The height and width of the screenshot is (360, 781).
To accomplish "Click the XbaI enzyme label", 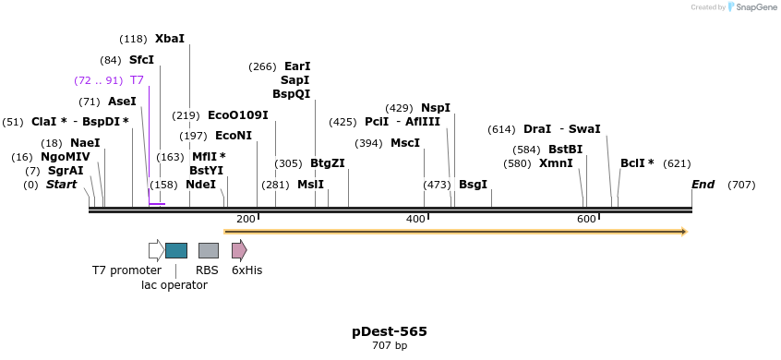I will pos(170,39).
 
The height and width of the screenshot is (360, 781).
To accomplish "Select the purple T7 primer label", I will pos(137,80).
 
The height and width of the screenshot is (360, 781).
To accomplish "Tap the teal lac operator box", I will pos(175,250).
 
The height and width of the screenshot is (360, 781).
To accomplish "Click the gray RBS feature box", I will pos(209,250).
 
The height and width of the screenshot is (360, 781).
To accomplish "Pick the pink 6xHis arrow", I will pos(239,250).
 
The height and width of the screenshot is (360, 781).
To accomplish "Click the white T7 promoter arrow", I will pos(156,250).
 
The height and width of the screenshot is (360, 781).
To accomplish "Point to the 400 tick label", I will pos(415,219).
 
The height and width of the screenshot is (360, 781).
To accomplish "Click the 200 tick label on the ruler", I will pos(246,219).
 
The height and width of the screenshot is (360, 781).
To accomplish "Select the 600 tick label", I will pos(586,219).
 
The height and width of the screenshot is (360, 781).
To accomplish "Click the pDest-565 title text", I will pos(390,331).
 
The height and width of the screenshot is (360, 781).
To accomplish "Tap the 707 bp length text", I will pos(390,346).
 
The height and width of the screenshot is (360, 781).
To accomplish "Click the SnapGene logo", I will pos(752,7).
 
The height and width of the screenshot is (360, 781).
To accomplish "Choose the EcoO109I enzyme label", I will pos(238,115).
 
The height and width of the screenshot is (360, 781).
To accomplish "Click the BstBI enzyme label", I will pos(565,150).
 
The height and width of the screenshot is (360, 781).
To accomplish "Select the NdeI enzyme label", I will pos(200,185).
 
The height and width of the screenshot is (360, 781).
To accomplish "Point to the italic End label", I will pos(703,185).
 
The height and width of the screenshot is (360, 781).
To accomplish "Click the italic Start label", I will pos(62,185).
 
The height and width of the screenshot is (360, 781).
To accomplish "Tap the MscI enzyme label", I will pos(405,143).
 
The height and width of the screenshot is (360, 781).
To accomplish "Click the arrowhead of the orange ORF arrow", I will pos(684,232).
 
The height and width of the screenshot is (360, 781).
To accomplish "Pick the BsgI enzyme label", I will pos(473,185).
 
